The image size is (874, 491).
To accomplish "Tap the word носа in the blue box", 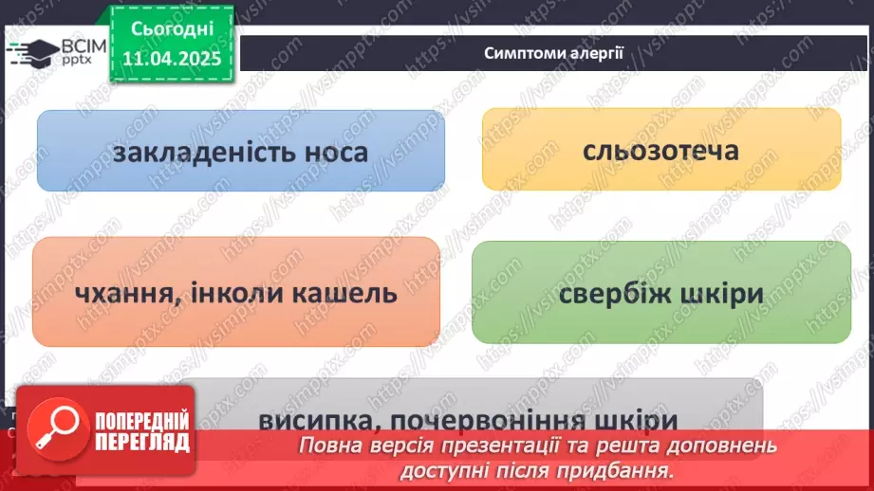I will click(x=333, y=153).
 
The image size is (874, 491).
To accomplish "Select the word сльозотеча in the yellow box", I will click(x=662, y=150).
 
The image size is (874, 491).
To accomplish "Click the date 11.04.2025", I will click(x=172, y=58).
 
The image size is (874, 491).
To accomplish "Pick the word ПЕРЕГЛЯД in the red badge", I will click(x=142, y=443).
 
